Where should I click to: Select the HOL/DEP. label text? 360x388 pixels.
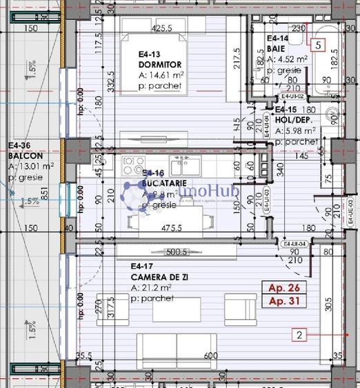click(x=294, y=119)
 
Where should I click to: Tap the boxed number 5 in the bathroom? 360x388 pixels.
click(x=317, y=45)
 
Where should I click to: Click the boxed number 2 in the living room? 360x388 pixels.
click(x=299, y=336)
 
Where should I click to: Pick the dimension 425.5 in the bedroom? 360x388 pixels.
click(x=161, y=29)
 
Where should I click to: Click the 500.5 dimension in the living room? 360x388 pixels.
click(x=177, y=252)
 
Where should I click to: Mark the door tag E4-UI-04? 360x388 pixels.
click(x=294, y=243)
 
